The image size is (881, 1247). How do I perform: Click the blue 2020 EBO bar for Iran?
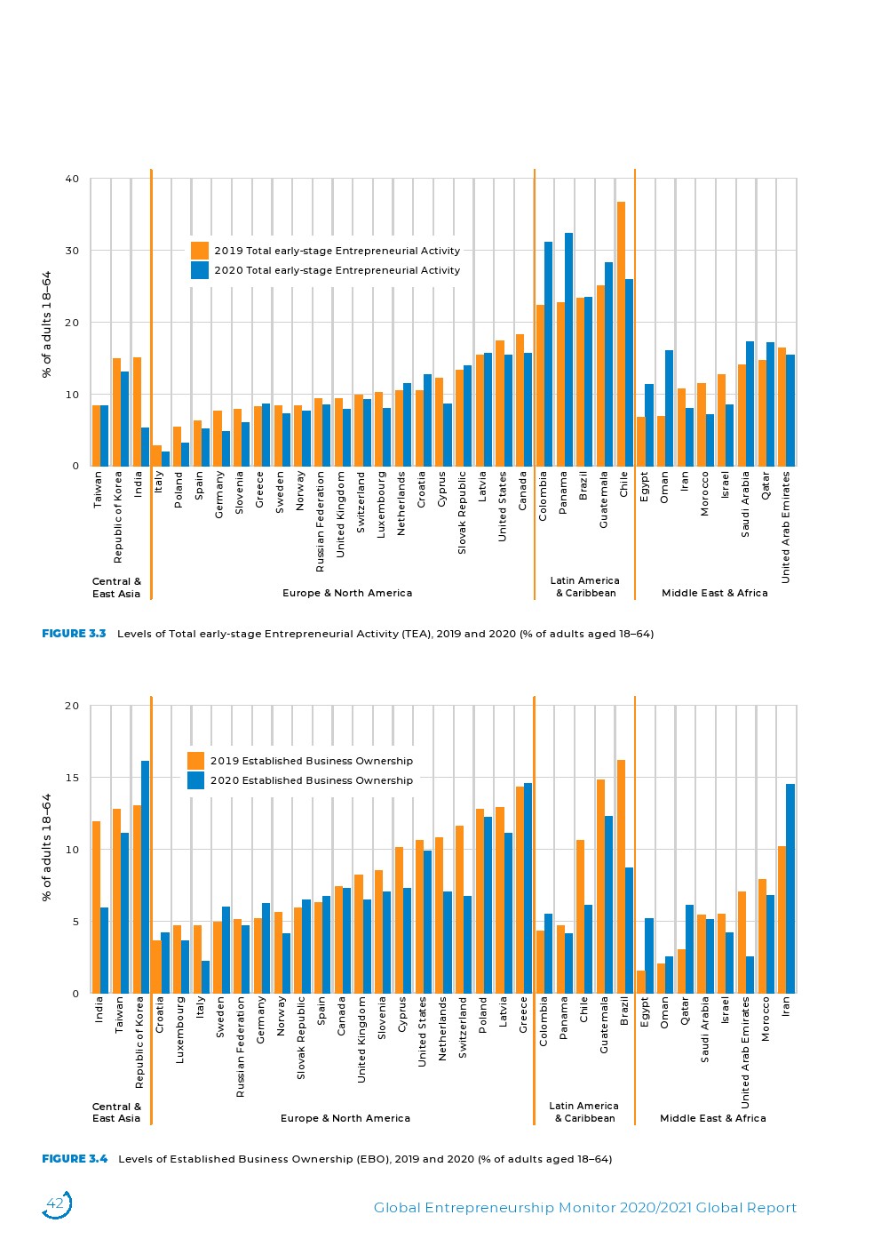click(790, 889)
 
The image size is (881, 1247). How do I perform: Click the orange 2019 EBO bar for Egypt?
click(640, 982)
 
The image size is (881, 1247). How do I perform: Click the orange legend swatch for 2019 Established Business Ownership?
click(195, 761)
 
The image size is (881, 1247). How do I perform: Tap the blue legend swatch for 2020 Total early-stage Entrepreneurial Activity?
click(200, 270)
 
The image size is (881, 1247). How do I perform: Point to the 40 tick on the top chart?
click(72, 179)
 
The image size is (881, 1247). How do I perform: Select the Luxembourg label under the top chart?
click(381, 504)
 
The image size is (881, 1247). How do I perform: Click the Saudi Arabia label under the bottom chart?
click(705, 1029)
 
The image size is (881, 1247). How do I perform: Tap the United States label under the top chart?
click(502, 507)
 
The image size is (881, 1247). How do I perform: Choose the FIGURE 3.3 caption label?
click(74, 634)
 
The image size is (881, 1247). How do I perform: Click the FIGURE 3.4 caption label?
click(75, 1159)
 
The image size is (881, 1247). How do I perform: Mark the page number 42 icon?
click(56, 1204)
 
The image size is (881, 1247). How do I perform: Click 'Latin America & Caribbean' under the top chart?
click(585, 587)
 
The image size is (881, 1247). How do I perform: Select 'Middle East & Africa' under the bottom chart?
click(712, 1118)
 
